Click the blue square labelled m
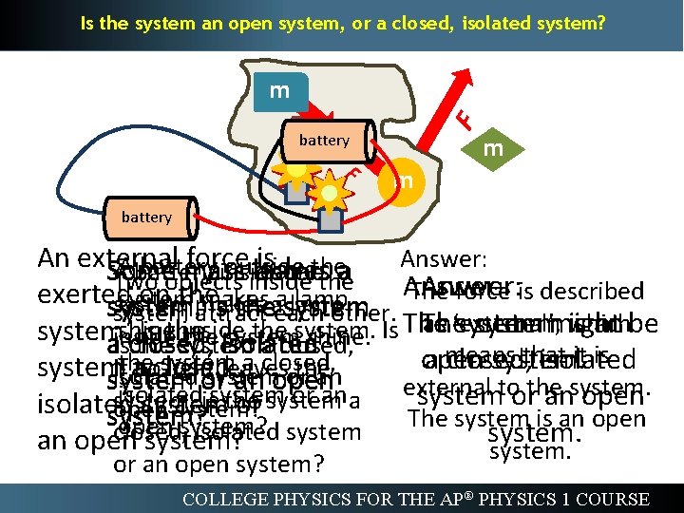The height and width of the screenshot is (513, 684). (280, 91)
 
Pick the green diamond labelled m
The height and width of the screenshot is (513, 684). (492, 150)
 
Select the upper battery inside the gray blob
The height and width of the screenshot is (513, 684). (324, 141)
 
